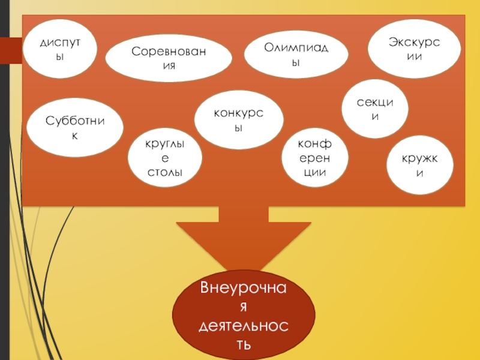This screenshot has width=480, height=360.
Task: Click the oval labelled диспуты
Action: coord(61,49)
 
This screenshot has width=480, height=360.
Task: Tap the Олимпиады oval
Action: coord(298,55)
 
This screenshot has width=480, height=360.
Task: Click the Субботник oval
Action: coord(75,128)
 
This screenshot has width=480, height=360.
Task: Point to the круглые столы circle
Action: coord(165,158)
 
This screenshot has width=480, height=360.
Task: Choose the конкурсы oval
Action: coord(239,120)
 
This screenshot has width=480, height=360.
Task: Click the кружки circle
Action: coord(420,166)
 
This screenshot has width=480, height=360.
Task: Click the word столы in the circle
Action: coord(165,173)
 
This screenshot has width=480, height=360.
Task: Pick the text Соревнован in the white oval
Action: coord(169,51)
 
